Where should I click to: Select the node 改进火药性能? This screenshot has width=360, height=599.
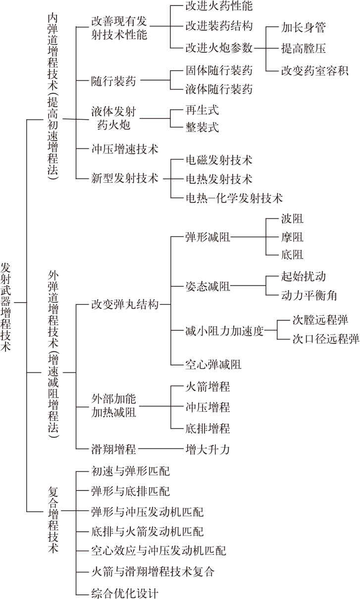pyautogui.click(x=219, y=6)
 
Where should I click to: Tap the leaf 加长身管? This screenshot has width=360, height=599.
pyautogui.click(x=303, y=27)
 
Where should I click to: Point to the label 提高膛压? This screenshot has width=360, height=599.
pyautogui.click(x=303, y=49)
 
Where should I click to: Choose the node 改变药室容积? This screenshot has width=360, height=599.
pyautogui.click(x=314, y=71)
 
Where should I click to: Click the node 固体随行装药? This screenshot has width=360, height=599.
pyautogui.click(x=219, y=70)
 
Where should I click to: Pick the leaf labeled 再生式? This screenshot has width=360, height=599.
pyautogui.click(x=202, y=110)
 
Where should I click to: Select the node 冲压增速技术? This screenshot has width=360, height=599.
pyautogui.click(x=125, y=149)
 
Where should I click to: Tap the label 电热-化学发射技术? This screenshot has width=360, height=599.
pyautogui.click(x=234, y=198)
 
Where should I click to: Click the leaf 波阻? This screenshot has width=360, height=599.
pyautogui.click(x=292, y=219)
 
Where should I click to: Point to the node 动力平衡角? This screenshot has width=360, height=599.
pyautogui.click(x=309, y=296)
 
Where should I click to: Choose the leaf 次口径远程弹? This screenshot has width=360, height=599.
pyautogui.click(x=326, y=339)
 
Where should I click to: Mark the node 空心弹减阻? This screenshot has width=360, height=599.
pyautogui.click(x=213, y=364)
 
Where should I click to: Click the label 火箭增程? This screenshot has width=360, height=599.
pyautogui.click(x=208, y=387)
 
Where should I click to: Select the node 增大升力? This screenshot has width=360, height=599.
pyautogui.click(x=208, y=449)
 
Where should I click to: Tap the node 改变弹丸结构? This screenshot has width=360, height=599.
pyautogui.click(x=125, y=304)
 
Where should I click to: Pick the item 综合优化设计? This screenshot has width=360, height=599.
pyautogui.click(x=125, y=593)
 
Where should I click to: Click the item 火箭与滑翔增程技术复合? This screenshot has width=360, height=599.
pyautogui.click(x=153, y=572)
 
